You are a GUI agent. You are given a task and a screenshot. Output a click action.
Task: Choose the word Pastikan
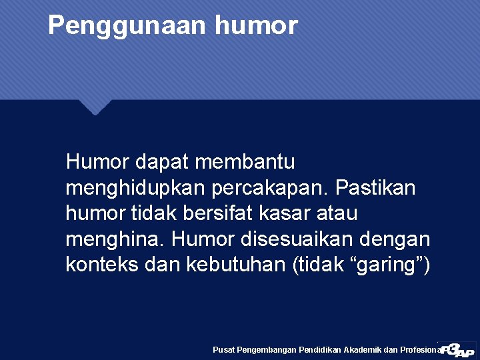point(375,188)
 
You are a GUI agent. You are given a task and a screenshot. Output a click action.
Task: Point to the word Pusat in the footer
point(224,350)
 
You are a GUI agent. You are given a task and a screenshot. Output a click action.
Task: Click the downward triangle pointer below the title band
point(95,106)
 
